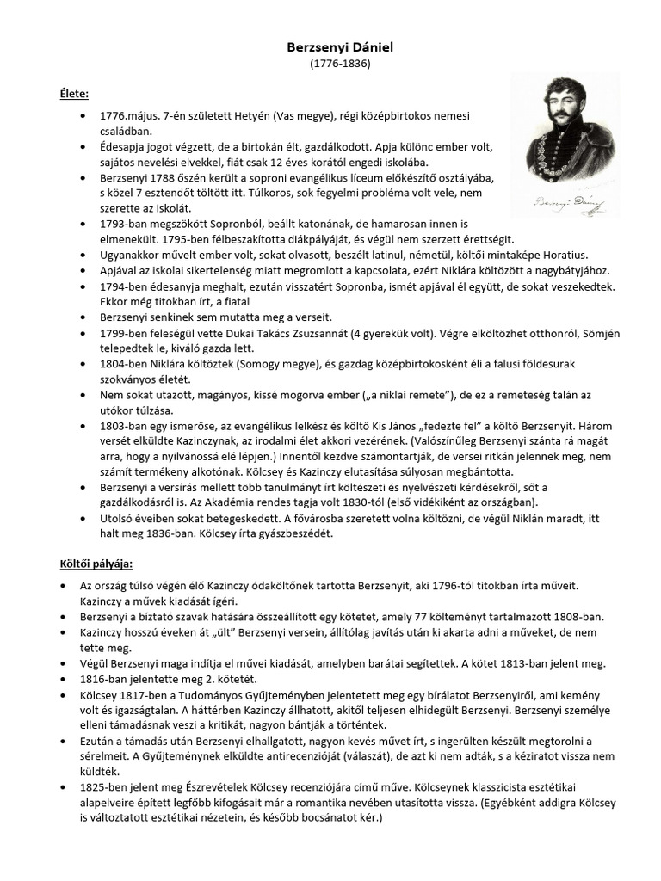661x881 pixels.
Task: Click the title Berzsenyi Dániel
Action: pos(330,48)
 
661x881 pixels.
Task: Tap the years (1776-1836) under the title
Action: pos(330,64)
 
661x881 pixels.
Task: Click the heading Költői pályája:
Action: pos(90,564)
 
